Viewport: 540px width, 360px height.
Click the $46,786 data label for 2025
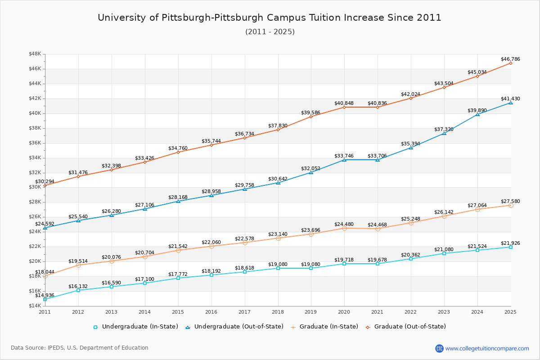click(510, 59)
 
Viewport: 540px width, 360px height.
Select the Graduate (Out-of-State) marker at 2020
click(344, 107)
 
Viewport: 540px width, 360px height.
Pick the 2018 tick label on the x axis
click(278, 311)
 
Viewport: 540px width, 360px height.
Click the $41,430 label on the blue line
click(510, 99)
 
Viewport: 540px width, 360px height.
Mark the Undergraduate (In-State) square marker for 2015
click(178, 278)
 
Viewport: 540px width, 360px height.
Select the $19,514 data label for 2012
click(78, 261)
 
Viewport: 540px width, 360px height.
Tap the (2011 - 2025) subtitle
click(270, 32)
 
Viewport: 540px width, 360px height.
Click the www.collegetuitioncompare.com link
click(487, 348)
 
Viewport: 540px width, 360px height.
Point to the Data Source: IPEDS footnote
click(80, 348)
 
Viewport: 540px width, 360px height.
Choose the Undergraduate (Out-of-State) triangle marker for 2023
click(444, 133)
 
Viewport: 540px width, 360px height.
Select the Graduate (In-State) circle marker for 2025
click(511, 205)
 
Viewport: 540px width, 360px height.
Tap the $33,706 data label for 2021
click(378, 156)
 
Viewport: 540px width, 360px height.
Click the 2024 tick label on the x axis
click(477, 311)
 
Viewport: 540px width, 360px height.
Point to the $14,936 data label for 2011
click(45, 295)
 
